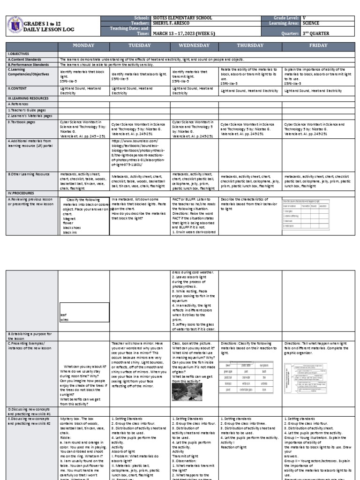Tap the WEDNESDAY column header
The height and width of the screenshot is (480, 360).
(194, 45)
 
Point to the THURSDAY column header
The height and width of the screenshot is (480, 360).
(250, 45)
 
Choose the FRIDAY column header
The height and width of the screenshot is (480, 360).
(318, 45)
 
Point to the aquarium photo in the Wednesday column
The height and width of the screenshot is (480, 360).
(187, 392)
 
